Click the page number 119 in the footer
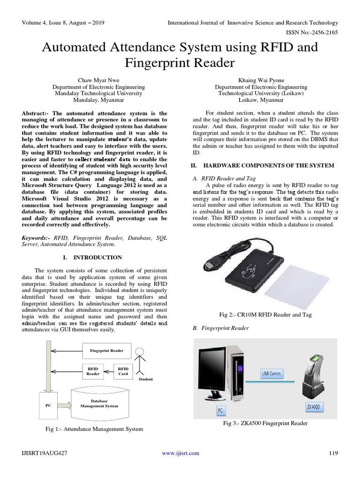[x=333, y=453]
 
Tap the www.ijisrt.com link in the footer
[x=180, y=453]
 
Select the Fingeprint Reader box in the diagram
[x=107, y=350]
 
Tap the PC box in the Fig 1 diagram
[x=48, y=405]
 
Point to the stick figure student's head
[x=139, y=352]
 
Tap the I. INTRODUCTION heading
[x=92, y=257]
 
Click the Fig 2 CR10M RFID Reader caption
[x=265, y=315]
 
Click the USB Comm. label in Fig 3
[x=270, y=374]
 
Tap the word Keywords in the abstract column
[x=36, y=238]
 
